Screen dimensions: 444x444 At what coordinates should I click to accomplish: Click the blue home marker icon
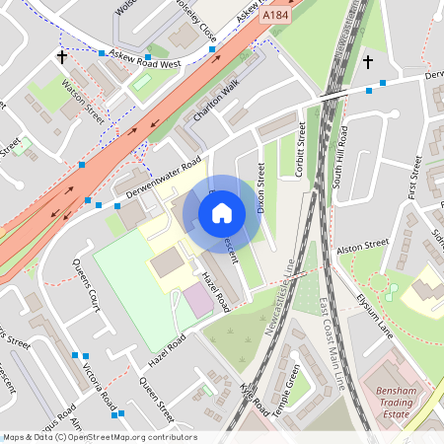pos(222,212)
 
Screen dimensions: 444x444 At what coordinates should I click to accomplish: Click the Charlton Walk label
pos(216,103)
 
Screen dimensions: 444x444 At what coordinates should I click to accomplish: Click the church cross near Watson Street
pos(62,58)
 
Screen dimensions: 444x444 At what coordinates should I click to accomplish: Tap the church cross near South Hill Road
pos(367,63)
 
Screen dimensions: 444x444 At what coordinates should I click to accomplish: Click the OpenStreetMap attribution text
pos(100,437)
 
